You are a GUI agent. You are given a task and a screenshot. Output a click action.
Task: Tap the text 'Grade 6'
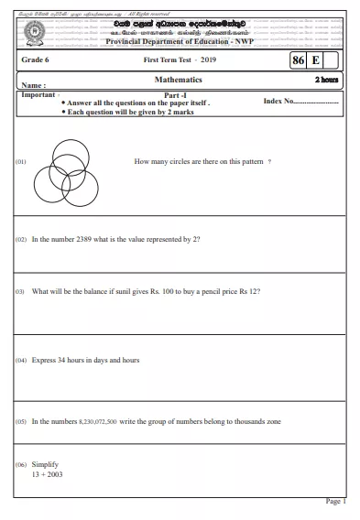coord(37,60)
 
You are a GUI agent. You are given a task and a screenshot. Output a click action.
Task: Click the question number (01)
coord(22,160)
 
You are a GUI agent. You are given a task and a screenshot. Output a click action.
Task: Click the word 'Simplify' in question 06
coord(45,465)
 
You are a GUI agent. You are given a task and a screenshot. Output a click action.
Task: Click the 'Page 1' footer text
coord(335,502)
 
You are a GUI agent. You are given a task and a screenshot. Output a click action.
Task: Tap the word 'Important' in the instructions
coord(38,94)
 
